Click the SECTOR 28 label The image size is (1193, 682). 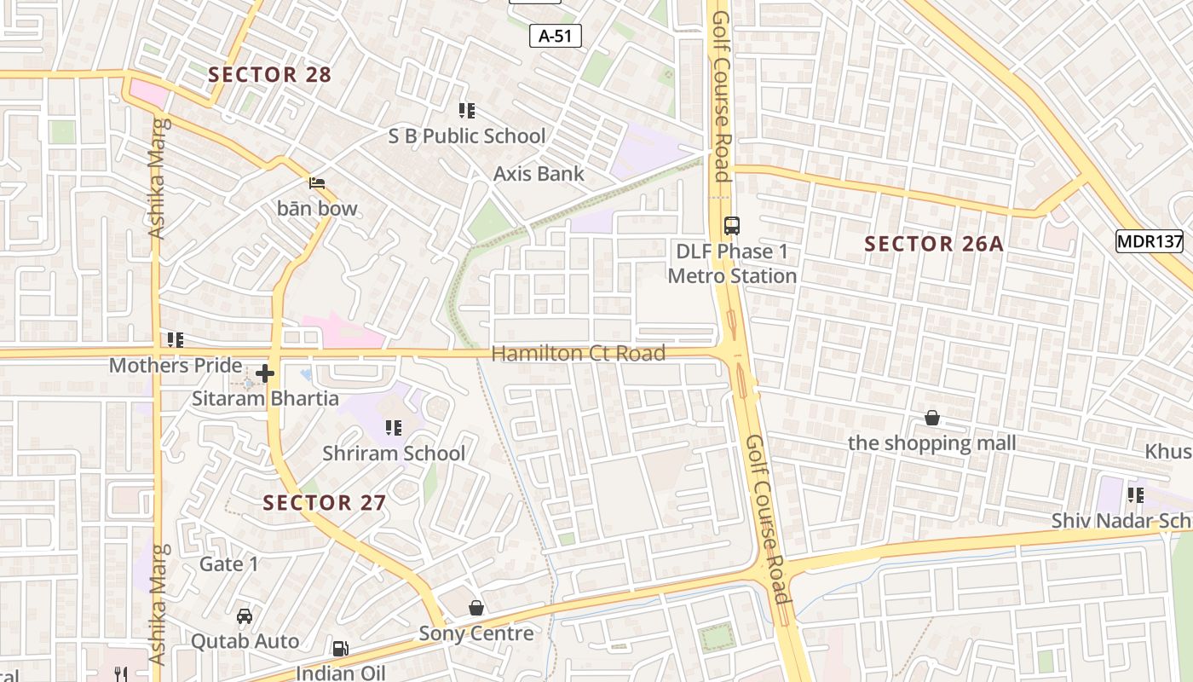click(x=269, y=74)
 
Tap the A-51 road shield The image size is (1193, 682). click(x=556, y=35)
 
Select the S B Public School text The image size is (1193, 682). click(x=467, y=136)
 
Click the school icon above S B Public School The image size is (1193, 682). click(x=466, y=110)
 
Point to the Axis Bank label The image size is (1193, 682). click(x=539, y=173)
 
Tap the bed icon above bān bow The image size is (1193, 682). click(x=317, y=183)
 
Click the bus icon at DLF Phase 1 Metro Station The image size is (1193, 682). click(x=732, y=226)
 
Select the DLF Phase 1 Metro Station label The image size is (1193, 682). click(x=732, y=263)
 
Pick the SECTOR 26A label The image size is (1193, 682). click(x=934, y=244)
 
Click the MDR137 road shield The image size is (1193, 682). click(x=1150, y=241)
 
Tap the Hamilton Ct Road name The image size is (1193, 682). click(x=578, y=353)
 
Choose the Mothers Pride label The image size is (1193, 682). click(x=176, y=365)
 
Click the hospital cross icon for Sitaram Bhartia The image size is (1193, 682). click(x=265, y=373)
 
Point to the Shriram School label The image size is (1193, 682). click(x=394, y=453)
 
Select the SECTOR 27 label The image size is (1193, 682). click(x=325, y=502)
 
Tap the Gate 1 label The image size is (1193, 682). click(x=228, y=564)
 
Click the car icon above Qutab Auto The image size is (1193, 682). click(x=245, y=616)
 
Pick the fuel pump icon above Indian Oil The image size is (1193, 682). click(x=340, y=649)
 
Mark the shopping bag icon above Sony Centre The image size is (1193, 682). click(x=476, y=608)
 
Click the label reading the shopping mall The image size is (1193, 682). click(x=932, y=442)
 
